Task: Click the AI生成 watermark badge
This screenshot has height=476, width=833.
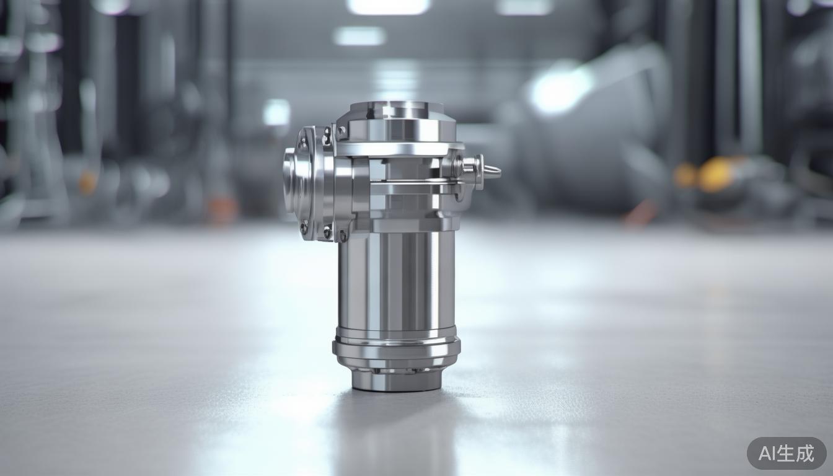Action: [787, 453]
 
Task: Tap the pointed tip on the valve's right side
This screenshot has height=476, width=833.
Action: [493, 172]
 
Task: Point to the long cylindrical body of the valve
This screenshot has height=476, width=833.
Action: [397, 279]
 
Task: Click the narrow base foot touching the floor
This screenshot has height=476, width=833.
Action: [397, 379]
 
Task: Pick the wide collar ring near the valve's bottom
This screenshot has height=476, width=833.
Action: [397, 347]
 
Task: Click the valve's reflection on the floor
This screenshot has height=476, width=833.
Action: [397, 434]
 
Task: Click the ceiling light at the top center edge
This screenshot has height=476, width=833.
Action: [389, 6]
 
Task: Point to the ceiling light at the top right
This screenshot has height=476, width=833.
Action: [524, 7]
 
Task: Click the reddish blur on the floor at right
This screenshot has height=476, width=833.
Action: [638, 213]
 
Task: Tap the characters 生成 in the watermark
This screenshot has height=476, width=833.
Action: [800, 453]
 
